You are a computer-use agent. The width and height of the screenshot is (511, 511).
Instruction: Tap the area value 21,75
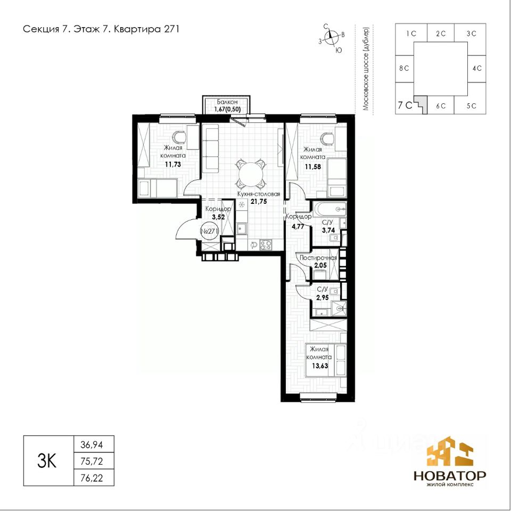(259, 201)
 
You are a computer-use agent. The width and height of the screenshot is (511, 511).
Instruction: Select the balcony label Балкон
(227, 102)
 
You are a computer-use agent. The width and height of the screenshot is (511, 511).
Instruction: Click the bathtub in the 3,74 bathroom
(329, 209)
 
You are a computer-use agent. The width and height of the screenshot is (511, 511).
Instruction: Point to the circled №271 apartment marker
(209, 231)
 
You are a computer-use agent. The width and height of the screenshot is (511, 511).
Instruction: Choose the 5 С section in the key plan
(471, 106)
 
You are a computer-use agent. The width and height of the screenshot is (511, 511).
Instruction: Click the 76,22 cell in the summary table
(92, 477)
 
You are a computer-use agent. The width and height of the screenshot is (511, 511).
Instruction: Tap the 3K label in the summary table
(47, 461)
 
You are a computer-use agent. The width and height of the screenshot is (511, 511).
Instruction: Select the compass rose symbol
(332, 37)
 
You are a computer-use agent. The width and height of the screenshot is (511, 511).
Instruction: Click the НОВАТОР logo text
(450, 475)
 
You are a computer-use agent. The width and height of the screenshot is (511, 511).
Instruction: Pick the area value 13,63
(320, 366)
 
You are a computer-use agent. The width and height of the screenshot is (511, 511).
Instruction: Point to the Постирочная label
(318, 258)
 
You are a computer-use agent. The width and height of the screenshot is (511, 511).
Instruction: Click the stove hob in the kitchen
(265, 245)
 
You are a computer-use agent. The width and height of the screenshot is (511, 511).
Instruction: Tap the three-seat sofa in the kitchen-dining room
(210, 150)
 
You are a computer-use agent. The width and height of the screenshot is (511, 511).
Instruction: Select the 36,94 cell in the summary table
(92, 444)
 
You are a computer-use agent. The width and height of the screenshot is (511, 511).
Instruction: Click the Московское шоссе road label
(366, 68)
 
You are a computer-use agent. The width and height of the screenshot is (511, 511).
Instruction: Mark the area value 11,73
(172, 164)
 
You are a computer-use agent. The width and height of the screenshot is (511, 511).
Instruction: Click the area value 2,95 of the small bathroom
(323, 297)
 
